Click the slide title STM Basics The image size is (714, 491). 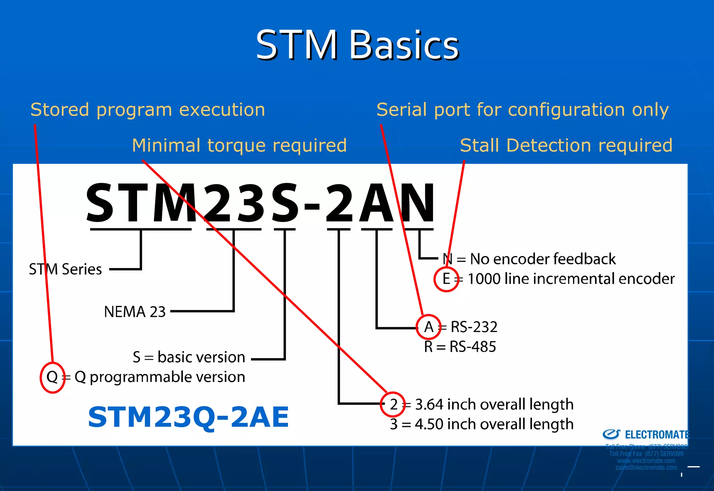(x=357, y=45)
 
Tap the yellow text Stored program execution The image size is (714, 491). (x=148, y=110)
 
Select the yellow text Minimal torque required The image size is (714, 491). (x=239, y=145)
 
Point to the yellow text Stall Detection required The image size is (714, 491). (x=566, y=145)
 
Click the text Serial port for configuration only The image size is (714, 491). (x=522, y=110)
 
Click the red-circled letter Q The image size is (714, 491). (x=52, y=377)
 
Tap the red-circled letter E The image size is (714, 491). (x=446, y=279)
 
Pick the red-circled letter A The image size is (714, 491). (x=429, y=327)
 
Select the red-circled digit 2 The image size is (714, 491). (x=393, y=404)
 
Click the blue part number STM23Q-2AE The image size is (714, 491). (x=188, y=417)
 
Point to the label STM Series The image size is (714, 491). (x=65, y=269)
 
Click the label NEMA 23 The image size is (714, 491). (x=135, y=312)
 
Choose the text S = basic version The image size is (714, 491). (x=189, y=357)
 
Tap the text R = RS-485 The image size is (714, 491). (x=460, y=347)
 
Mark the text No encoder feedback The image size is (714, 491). (x=542, y=259)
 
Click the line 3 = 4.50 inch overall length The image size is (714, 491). (x=481, y=424)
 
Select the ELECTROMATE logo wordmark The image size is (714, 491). (x=657, y=435)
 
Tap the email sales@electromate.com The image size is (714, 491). (x=646, y=468)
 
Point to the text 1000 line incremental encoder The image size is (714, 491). (x=571, y=279)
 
